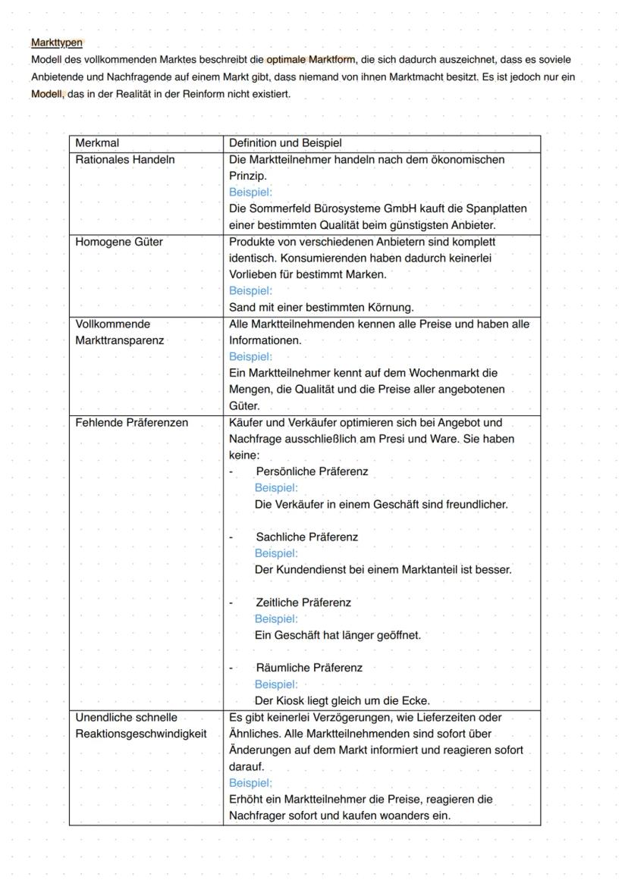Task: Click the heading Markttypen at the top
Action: pos(57,42)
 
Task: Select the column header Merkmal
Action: pos(98,143)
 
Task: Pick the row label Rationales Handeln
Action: pos(124,159)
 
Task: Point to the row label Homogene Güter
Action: pos(119,242)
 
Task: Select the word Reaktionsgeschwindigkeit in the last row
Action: pos(140,734)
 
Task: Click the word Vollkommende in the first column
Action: pos(113,324)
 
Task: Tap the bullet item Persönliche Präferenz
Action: pos(312,471)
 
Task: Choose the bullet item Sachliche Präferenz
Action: pos(306,537)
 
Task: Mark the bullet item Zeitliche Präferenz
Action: pos(303,603)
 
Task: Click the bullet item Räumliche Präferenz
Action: pos(309,668)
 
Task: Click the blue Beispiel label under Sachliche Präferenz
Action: pos(276,553)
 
